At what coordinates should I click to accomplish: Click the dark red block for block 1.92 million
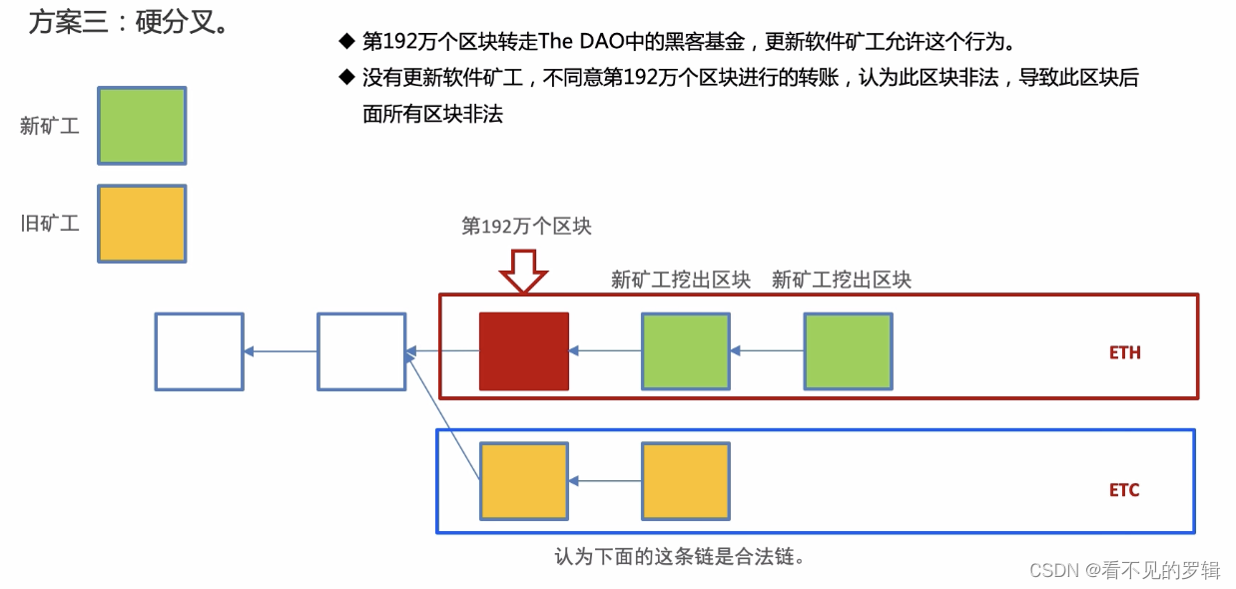[524, 350]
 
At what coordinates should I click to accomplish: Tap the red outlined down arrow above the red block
[523, 272]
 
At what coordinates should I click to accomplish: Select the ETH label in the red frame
[1124, 352]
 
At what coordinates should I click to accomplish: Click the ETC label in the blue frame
[1124, 490]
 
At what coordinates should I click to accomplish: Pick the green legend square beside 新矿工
[142, 126]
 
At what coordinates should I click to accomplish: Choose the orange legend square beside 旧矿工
[142, 224]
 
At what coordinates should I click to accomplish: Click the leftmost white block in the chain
[199, 351]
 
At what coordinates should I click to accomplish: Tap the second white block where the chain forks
[361, 351]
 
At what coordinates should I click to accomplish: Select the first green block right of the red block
[685, 351]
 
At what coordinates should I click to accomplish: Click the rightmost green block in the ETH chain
[848, 351]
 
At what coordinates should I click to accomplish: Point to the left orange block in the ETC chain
[523, 481]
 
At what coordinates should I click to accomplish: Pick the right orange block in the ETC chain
[685, 481]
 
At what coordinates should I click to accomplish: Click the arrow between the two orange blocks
[604, 481]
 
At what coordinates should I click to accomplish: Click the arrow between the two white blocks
[281, 351]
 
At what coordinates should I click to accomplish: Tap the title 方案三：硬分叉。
[129, 22]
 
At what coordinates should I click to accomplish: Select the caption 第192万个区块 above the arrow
[526, 227]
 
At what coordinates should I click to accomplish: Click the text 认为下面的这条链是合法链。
[680, 556]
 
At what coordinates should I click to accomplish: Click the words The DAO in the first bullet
[573, 42]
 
